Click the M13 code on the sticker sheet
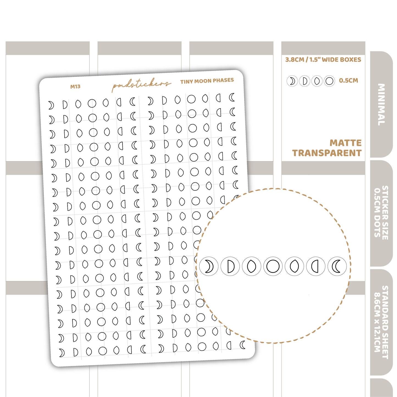[75, 87]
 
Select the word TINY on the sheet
[187, 82]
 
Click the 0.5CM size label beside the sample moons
[348, 80]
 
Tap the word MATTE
[346, 143]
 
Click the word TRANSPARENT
[327, 153]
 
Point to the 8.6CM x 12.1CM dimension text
[377, 322]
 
